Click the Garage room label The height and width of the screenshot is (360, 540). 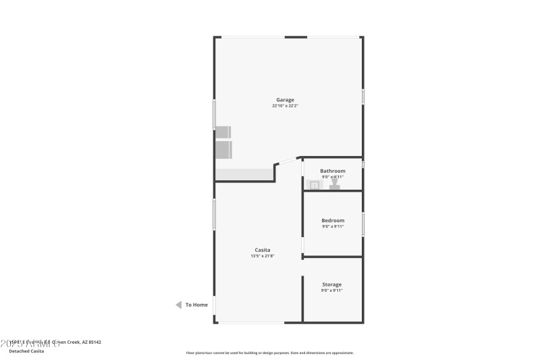coord(285,100)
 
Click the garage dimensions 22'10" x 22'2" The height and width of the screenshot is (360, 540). coord(285,106)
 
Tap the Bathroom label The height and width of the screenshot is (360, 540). coord(332,171)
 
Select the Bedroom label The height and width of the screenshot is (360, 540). coord(332,220)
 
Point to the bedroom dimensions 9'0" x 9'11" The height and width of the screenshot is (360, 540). coord(332,226)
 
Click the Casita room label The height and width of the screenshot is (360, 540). coord(263,250)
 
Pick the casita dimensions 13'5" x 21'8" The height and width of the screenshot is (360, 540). coord(263,256)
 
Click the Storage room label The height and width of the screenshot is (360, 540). coord(331,284)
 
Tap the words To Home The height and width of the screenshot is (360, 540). coord(196,305)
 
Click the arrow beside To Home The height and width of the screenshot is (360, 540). coord(179,305)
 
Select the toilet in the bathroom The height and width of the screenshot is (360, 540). coord(334,184)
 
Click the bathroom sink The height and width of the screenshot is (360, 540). coord(314,184)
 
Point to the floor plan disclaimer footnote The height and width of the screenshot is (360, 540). coord(270,353)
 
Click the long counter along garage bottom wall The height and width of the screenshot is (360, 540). coord(244,175)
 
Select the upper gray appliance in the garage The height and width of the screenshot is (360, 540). coord(223,132)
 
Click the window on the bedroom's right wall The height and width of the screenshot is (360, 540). coord(363,224)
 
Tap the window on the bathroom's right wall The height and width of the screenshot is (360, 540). coord(363,165)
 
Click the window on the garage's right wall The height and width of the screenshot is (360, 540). coord(363,97)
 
